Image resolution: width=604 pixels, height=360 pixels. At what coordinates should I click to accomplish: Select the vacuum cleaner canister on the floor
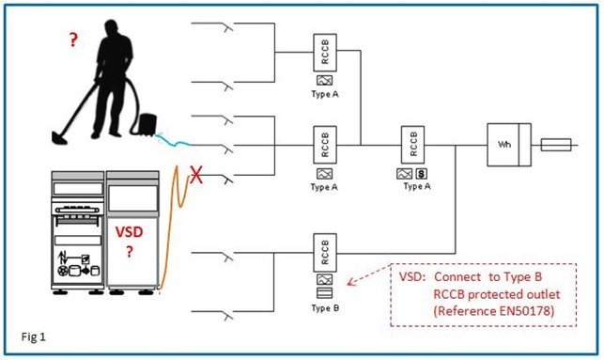coord(146,122)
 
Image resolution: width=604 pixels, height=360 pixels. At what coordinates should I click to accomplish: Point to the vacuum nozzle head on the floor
coord(59,138)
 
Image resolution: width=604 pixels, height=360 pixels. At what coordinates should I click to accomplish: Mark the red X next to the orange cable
coord(197,174)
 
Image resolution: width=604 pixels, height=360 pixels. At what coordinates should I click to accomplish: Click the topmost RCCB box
coord(325,54)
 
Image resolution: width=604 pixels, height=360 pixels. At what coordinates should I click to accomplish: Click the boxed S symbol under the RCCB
coord(422,174)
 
